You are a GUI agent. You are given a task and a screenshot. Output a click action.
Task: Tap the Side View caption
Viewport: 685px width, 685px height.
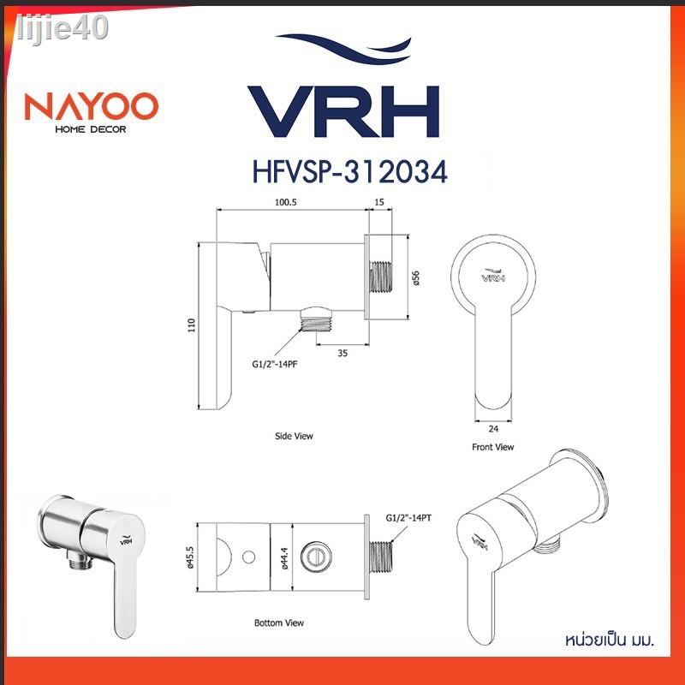(x=294, y=436)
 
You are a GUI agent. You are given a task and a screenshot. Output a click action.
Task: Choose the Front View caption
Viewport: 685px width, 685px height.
(x=493, y=447)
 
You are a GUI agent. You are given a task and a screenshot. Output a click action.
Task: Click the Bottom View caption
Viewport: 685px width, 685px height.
(x=279, y=622)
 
